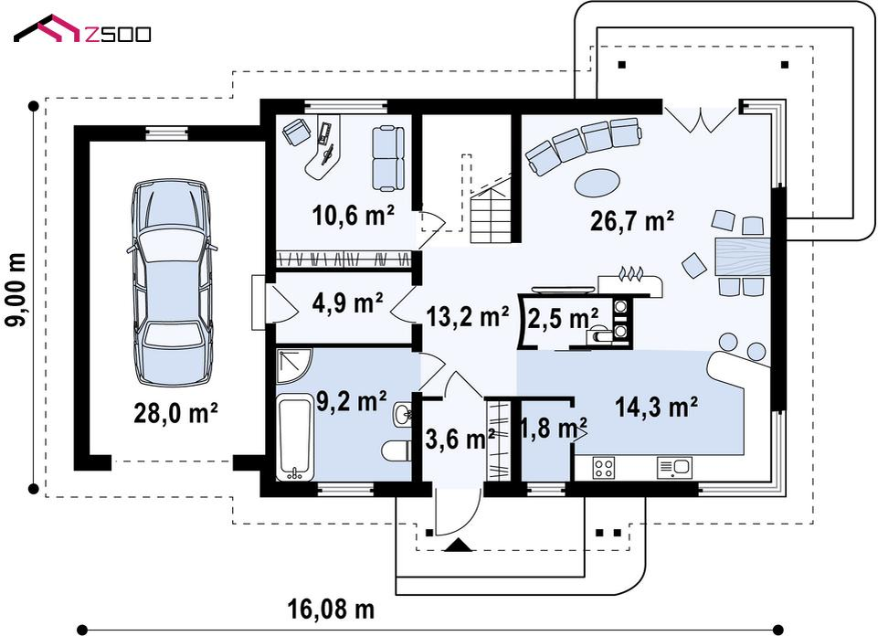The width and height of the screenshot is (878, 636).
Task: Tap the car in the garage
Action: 172,282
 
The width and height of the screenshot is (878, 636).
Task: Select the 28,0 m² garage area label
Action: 175,414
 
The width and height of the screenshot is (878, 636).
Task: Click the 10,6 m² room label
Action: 354,216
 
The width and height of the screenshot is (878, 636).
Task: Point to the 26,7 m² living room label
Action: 631,221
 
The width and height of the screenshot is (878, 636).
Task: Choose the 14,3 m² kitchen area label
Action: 656,407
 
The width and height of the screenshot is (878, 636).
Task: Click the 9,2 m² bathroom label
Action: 351,401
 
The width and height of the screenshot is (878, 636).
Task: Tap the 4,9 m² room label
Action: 348,302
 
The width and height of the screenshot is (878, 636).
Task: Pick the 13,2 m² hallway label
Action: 468,316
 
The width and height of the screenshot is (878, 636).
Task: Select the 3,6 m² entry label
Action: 460,439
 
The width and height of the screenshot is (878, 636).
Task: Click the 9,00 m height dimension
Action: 18,290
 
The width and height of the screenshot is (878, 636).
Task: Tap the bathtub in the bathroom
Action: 294,437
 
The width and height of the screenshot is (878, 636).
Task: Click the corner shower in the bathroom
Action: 293,366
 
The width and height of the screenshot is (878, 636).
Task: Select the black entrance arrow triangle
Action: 458,545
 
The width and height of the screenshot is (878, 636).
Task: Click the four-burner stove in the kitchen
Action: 604,468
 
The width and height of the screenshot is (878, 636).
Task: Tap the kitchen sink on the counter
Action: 675,468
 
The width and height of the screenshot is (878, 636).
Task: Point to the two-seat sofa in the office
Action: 387,158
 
